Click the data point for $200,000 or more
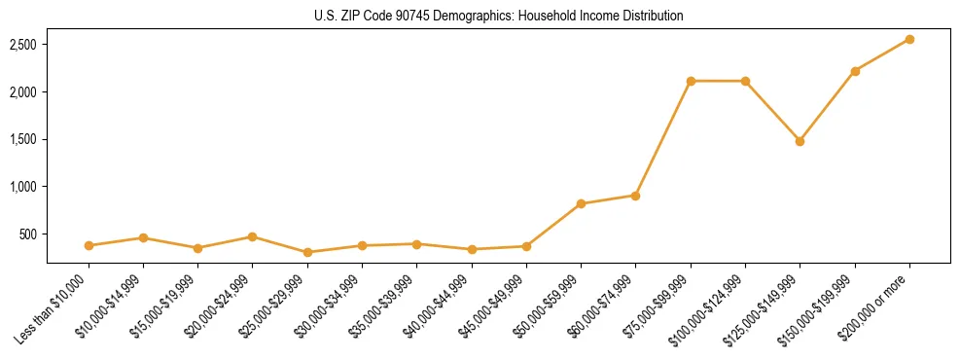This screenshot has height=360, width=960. coord(909,39)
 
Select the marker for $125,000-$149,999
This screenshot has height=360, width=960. coord(800,141)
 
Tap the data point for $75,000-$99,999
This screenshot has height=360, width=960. coord(691,81)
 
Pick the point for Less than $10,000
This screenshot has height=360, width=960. coord(89,245)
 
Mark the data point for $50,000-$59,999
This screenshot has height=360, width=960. coord(581,203)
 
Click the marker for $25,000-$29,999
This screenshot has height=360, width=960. coord(307,252)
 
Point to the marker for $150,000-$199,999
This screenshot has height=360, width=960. coord(855,71)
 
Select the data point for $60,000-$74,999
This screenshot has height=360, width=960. coord(635,196)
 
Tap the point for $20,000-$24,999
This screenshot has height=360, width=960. coord(252,236)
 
